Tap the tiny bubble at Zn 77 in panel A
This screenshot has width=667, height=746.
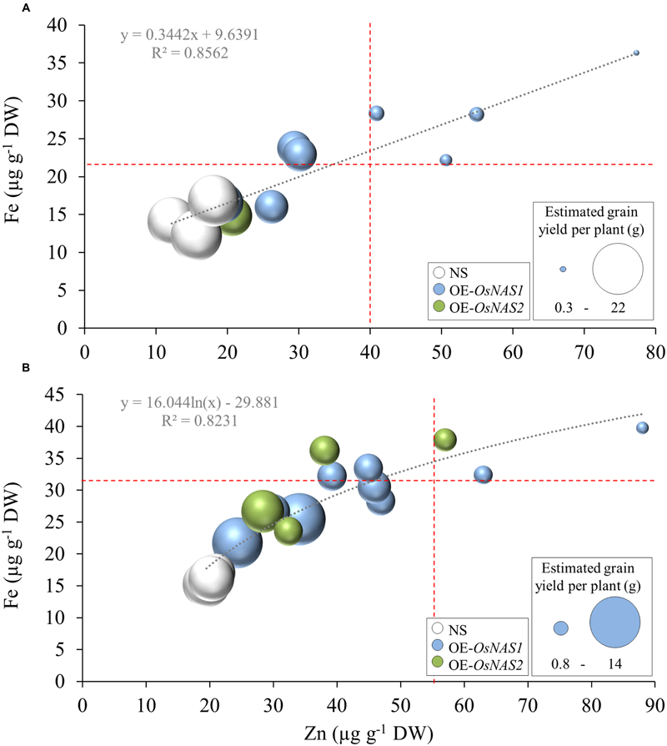636,53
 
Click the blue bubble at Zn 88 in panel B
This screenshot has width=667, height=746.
642,428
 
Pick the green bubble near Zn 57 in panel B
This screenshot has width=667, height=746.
445,439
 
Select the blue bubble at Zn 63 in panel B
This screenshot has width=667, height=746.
483,475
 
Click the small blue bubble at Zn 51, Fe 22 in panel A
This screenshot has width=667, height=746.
446,159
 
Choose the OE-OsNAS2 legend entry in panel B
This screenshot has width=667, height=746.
470,663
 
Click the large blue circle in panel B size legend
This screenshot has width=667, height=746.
614,623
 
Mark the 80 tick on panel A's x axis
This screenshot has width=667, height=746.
654,344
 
